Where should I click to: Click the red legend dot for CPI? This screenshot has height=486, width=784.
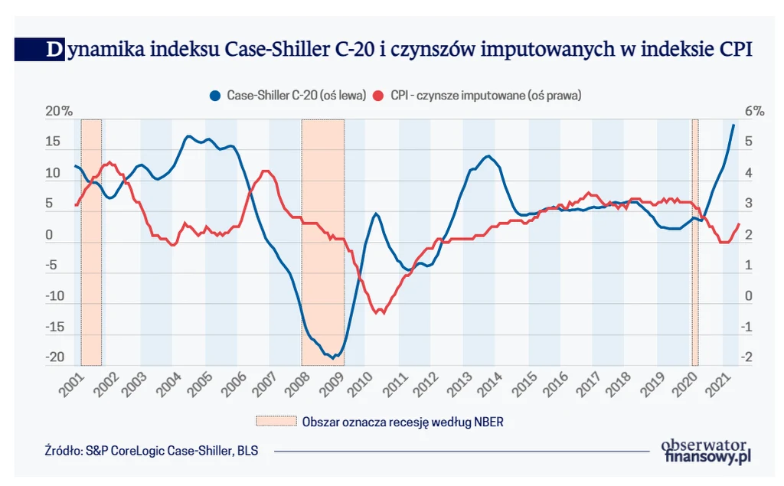[377, 96]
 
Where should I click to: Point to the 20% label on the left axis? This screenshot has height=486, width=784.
[58, 111]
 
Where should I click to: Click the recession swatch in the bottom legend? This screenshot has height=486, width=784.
[275, 421]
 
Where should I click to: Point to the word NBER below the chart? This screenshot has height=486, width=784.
[487, 421]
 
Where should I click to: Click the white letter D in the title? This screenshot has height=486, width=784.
[54, 50]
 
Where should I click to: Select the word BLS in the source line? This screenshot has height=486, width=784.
[247, 451]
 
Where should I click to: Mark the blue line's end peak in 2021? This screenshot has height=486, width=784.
[733, 125]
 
